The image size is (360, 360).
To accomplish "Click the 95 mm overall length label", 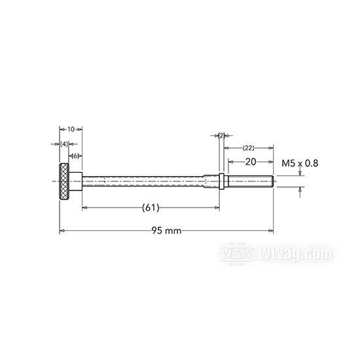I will (x=166, y=230).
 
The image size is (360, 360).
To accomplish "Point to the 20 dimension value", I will (x=249, y=161).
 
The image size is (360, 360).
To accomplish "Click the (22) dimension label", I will (x=249, y=148).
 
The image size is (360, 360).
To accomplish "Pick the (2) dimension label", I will (x=221, y=135).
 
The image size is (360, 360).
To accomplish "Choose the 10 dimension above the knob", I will (x=70, y=130).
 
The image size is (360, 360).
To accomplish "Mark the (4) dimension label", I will (x=64, y=143).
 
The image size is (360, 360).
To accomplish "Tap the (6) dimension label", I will (x=76, y=156).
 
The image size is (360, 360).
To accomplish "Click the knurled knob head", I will (x=66, y=178).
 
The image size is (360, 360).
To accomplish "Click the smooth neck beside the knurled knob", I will (x=77, y=178).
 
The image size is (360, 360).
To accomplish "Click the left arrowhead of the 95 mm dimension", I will (x=62, y=230).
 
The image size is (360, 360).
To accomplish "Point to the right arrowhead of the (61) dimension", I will (x=218, y=207).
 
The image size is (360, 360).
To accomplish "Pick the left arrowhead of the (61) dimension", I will (x=84, y=207).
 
